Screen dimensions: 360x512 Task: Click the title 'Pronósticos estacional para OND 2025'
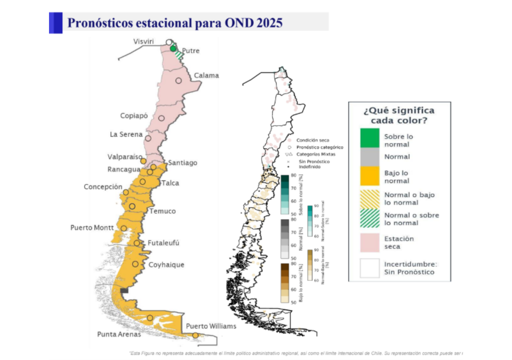[x=175, y=23]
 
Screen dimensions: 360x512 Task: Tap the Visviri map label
[x=145, y=41]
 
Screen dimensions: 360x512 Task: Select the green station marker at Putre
[x=173, y=48]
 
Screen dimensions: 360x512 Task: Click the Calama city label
[x=206, y=75]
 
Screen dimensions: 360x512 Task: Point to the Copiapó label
[x=134, y=115]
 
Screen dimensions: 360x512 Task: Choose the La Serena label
[x=126, y=134]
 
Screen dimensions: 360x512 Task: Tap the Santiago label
[x=182, y=162]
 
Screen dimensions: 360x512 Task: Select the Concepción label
[x=102, y=186]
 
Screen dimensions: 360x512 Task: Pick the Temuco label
[x=162, y=211]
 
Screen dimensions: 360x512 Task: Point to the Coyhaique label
[x=166, y=264]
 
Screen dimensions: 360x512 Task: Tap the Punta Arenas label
[x=119, y=334]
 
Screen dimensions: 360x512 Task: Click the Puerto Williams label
[x=210, y=326]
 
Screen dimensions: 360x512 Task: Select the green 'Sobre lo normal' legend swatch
[x=369, y=139]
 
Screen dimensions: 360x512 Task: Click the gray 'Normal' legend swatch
[x=369, y=156]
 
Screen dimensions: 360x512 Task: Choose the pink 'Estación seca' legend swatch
[x=369, y=242]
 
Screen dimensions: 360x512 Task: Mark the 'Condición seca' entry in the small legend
[x=312, y=140]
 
